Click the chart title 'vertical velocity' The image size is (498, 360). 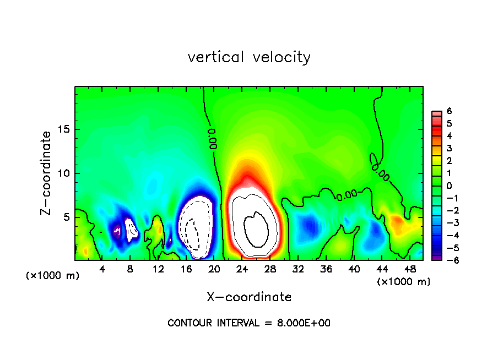coord(249,57)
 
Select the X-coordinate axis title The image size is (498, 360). coord(249,297)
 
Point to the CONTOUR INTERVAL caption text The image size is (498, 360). coord(249,323)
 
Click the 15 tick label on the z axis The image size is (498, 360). coord(64,130)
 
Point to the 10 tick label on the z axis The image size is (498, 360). coord(64,173)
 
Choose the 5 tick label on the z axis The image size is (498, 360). coord(67,217)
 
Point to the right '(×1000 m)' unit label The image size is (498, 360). coord(404,282)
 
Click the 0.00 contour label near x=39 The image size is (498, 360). coord(347,194)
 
